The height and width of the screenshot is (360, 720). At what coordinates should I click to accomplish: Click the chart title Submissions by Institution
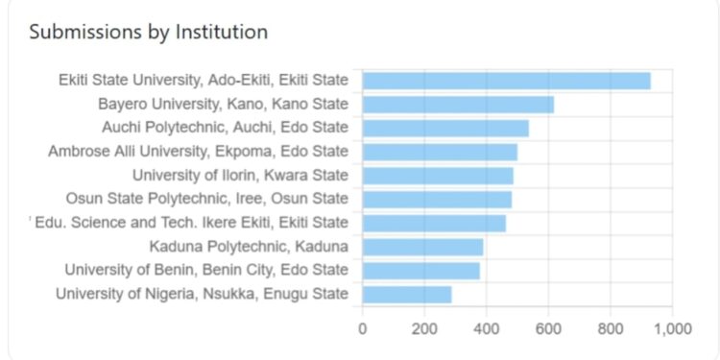pyautogui.click(x=149, y=32)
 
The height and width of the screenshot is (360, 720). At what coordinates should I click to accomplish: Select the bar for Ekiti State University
pyautogui.click(x=506, y=81)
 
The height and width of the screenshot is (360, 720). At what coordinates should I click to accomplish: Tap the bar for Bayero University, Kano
pyautogui.click(x=458, y=105)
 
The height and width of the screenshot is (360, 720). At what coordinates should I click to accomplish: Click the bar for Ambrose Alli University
pyautogui.click(x=440, y=152)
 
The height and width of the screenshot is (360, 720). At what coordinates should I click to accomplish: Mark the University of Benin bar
pyautogui.click(x=420, y=271)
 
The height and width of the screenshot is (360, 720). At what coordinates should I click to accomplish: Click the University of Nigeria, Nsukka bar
pyautogui.click(x=407, y=294)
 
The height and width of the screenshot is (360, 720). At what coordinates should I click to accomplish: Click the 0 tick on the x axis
pyautogui.click(x=362, y=328)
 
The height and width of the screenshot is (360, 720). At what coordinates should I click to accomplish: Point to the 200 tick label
pyautogui.click(x=424, y=328)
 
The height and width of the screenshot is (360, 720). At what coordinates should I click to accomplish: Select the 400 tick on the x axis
pyautogui.click(x=486, y=328)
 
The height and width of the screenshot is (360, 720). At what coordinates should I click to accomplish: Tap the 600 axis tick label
pyautogui.click(x=548, y=328)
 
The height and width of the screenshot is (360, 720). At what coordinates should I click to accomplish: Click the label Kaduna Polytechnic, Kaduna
pyautogui.click(x=249, y=247)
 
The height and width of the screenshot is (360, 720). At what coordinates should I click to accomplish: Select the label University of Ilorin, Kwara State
pyautogui.click(x=240, y=176)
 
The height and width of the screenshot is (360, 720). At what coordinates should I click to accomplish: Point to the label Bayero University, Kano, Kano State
pyautogui.click(x=224, y=105)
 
